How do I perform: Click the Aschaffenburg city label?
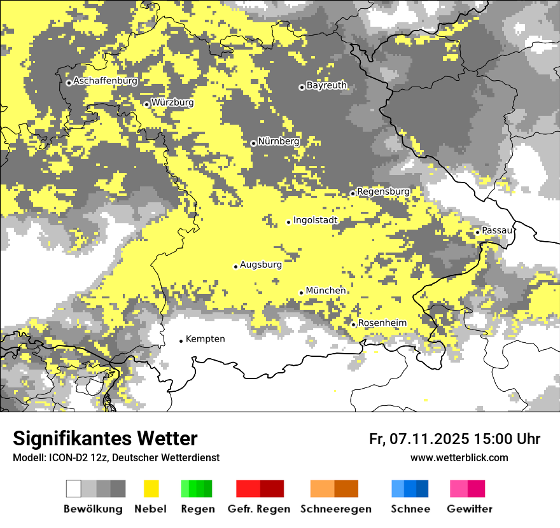pos(105,81)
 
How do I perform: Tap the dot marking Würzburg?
pos(146,104)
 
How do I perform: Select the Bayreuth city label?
pos(326,85)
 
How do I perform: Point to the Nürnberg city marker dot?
pos(253,143)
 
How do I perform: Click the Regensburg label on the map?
pos(383,191)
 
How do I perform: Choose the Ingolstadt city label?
pos(315,221)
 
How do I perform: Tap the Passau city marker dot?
pos(477,232)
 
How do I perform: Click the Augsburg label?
pos(260,265)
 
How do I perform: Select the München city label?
pos(325,291)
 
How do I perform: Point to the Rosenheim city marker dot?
pos(353,324)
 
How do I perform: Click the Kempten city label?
pos(205,339)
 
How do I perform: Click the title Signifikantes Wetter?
pos(105,439)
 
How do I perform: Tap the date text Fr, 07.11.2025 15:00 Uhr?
pos(454,439)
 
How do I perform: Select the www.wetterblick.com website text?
pos(459,457)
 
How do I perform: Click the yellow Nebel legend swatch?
pos(151,489)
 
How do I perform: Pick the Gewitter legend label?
pos(469,509)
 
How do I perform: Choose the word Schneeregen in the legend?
pos(335,509)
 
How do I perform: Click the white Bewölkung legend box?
pos(74,489)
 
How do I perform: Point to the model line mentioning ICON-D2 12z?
pos(116,457)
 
